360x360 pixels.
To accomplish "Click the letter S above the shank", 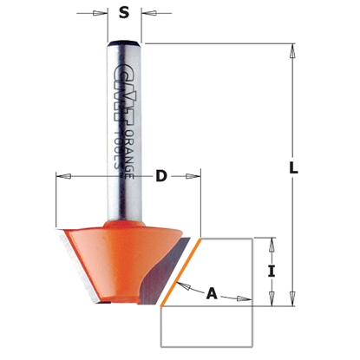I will (124, 12).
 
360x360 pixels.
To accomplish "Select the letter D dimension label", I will (160, 177).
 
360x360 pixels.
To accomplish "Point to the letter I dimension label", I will (272, 270).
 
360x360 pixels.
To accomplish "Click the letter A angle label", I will (211, 293).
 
